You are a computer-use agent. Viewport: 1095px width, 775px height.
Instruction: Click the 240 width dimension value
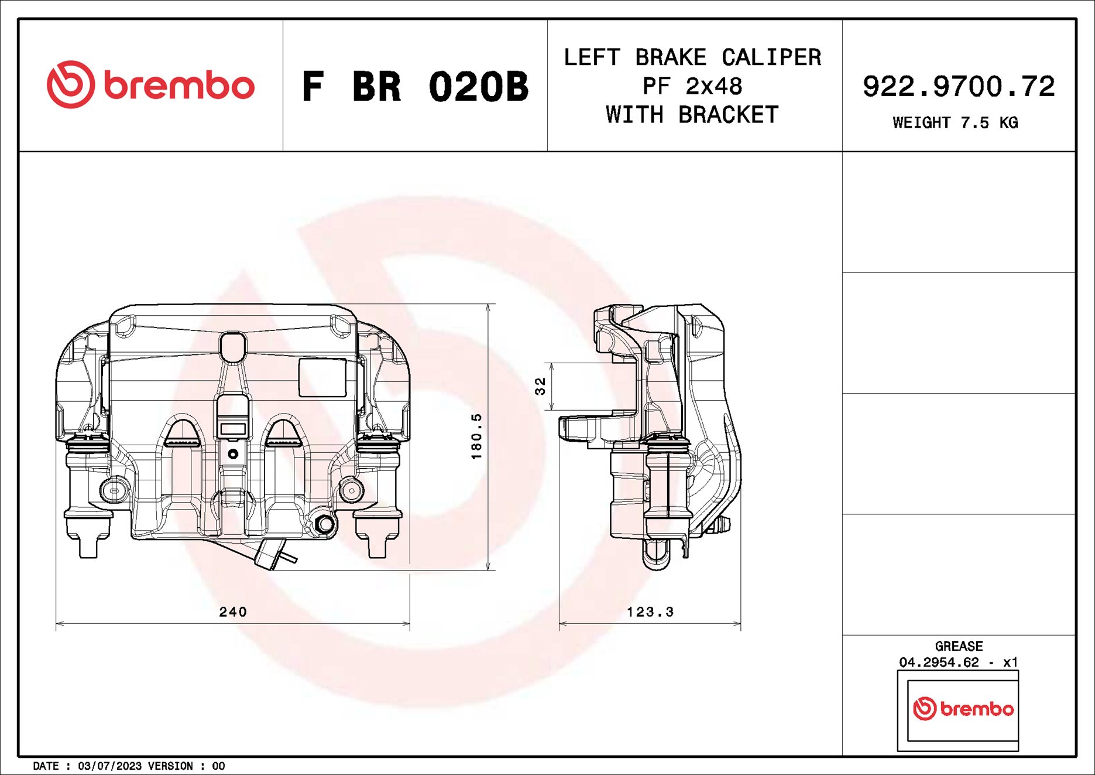(233, 612)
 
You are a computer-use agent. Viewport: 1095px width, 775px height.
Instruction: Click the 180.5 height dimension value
(477, 436)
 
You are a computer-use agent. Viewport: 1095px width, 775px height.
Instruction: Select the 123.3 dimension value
(650, 612)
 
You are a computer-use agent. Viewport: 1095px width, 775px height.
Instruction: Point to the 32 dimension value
(540, 386)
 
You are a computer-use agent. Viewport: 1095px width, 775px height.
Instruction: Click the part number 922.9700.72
(959, 87)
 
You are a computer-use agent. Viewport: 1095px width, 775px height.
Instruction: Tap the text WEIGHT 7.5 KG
(955, 123)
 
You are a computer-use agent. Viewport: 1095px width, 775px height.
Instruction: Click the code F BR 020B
(415, 87)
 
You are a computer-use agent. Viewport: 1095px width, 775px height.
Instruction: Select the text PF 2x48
(692, 87)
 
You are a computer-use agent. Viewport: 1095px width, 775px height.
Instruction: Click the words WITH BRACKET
(692, 115)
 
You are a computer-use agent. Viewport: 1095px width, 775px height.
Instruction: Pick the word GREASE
(959, 646)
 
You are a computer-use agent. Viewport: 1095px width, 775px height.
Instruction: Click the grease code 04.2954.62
(939, 662)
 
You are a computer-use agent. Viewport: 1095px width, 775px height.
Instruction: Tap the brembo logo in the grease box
(963, 709)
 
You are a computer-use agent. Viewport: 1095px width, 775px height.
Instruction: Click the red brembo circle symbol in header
(70, 84)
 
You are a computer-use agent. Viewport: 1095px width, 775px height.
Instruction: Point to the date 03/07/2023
(109, 766)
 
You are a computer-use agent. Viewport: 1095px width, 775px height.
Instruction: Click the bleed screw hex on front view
(324, 524)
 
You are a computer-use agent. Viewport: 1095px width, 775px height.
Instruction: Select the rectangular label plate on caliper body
(322, 378)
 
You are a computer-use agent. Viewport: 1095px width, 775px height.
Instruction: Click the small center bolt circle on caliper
(233, 454)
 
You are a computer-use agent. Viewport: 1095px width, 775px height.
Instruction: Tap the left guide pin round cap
(114, 490)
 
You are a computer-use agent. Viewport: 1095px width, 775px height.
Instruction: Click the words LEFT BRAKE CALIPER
(692, 57)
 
